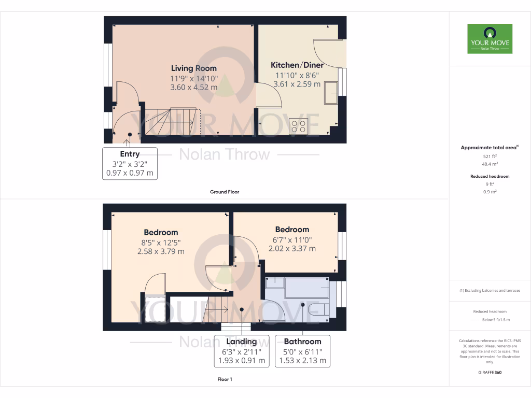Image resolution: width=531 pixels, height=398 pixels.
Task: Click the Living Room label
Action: tap(194, 68)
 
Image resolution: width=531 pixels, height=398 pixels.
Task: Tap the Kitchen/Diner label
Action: tap(297, 65)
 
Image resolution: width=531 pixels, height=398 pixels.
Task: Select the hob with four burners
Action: tap(299, 126)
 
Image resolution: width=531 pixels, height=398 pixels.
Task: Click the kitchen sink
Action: tap(330, 92)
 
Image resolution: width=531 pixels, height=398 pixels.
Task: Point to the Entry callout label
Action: tap(130, 154)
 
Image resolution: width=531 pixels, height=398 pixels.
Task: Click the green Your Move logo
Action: tap(490, 38)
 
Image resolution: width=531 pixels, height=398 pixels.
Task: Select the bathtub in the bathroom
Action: tap(306, 288)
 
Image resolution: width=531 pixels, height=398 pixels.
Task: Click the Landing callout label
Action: tap(242, 342)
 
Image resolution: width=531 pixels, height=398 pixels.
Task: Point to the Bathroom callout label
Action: tap(302, 342)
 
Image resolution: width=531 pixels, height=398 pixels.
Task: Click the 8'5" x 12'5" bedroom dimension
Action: tap(161, 242)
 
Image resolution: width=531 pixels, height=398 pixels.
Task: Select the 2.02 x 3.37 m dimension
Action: tap(292, 248)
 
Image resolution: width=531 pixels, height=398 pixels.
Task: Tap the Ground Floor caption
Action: tap(225, 192)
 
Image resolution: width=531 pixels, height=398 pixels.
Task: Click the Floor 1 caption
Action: tap(225, 379)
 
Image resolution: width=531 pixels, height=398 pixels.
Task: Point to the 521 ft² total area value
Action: tap(490, 156)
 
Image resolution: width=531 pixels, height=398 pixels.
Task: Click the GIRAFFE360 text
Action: tap(490, 372)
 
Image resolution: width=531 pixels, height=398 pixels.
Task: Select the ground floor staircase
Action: tap(171, 122)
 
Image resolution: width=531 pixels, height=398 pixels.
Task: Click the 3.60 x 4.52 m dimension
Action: tap(194, 87)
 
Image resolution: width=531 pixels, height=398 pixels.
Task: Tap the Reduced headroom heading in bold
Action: tap(490, 176)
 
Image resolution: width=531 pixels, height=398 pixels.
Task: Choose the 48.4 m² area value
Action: tap(490, 163)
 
